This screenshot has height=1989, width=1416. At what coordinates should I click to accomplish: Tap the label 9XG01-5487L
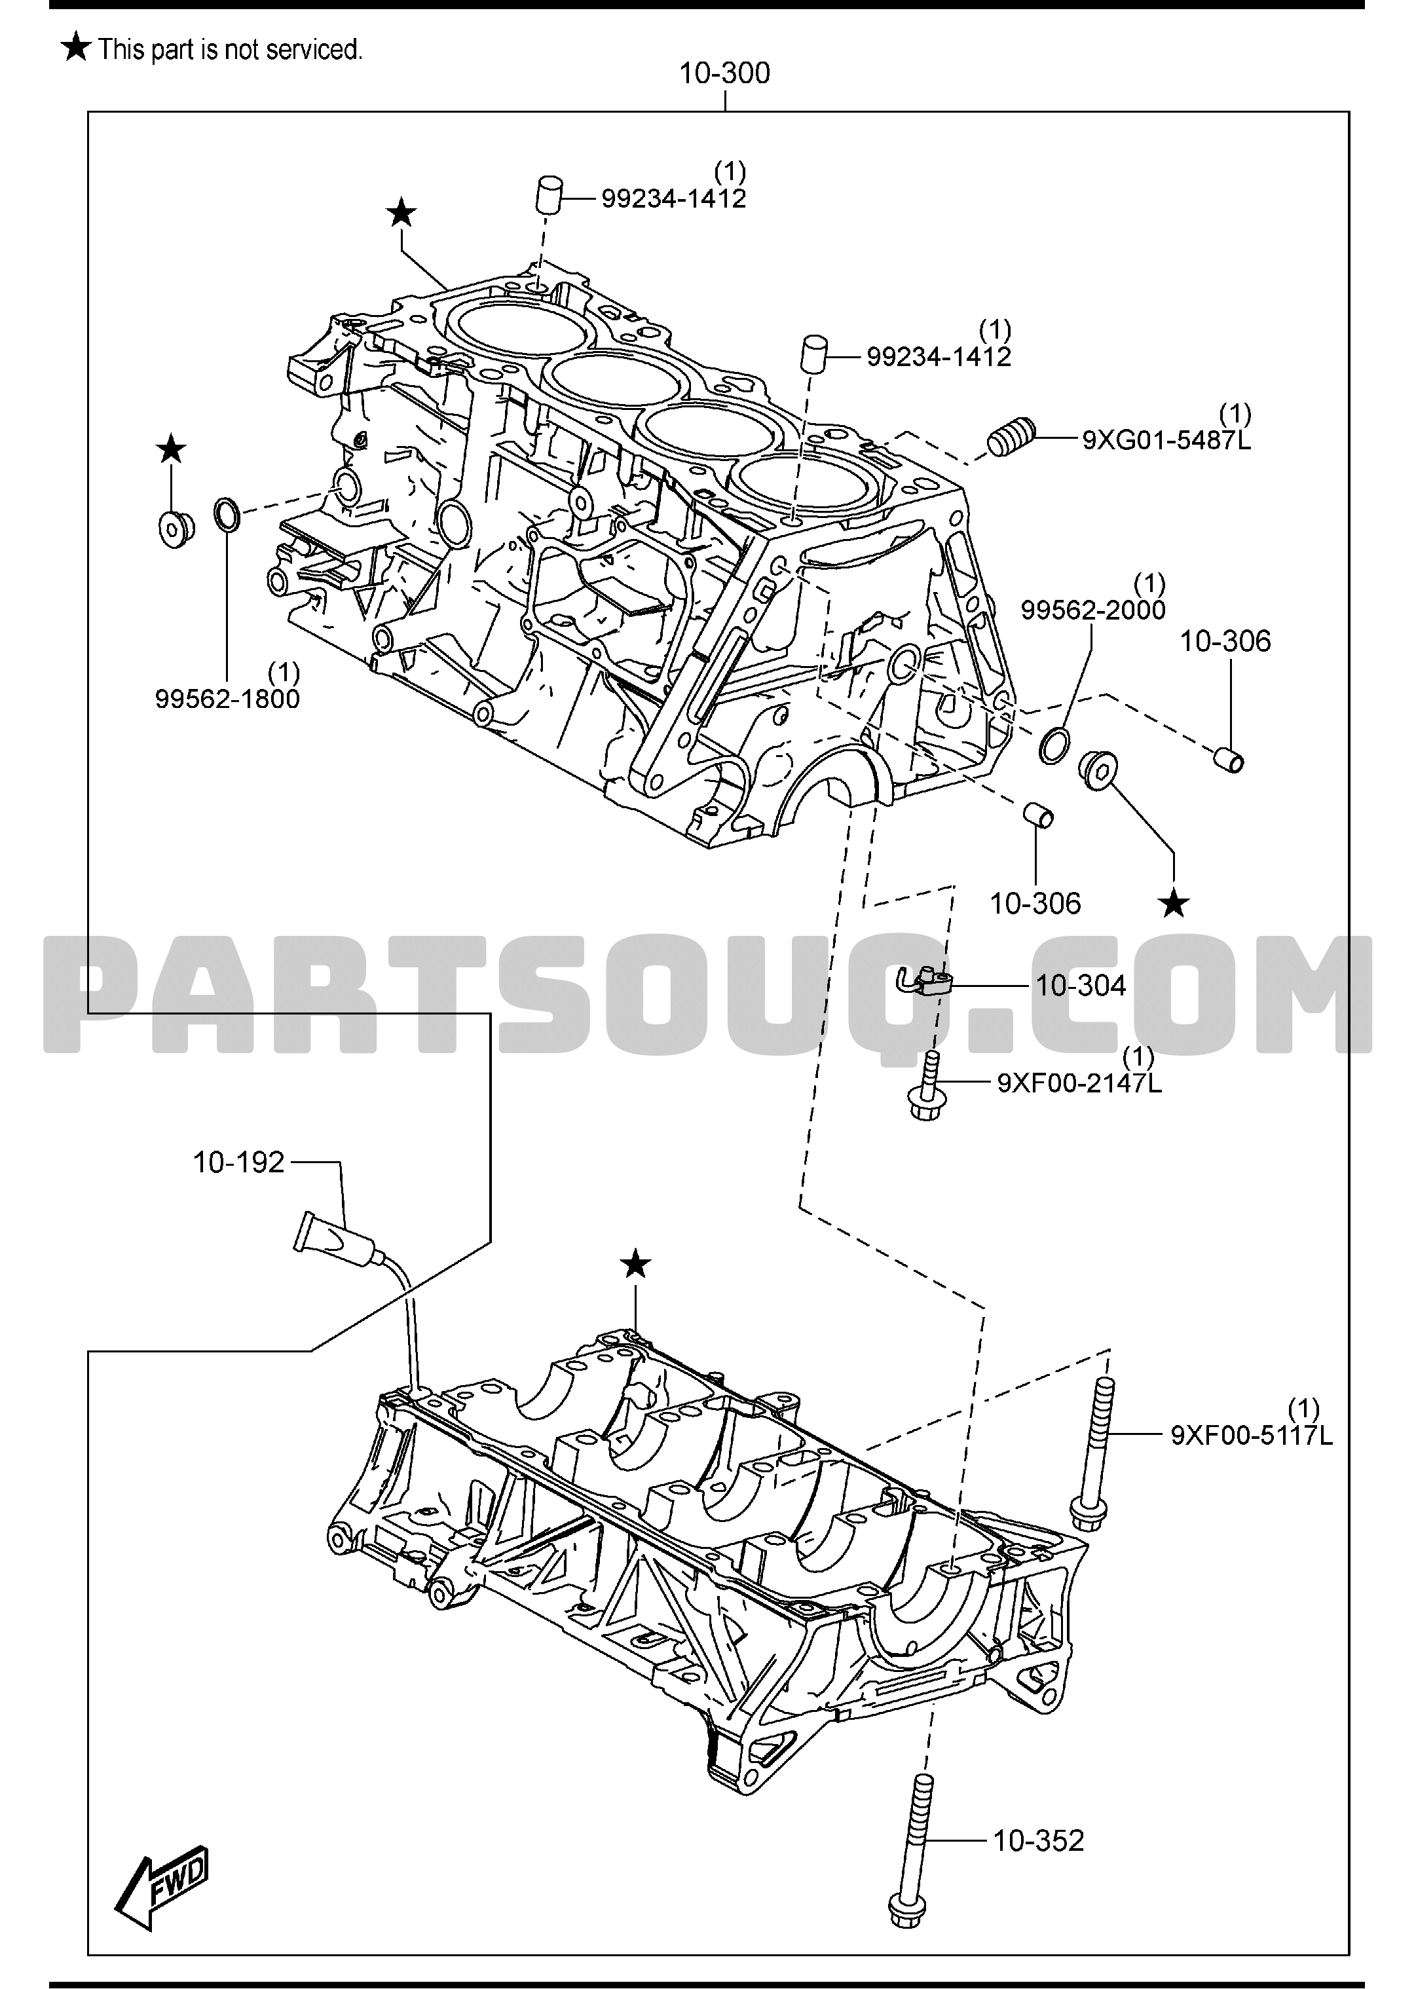(x=1166, y=439)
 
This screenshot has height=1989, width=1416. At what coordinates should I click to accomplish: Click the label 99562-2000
(x=1093, y=610)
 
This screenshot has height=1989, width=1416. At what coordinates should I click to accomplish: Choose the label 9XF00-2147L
(x=1079, y=1083)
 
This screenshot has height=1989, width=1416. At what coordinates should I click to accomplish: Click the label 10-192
(x=239, y=1162)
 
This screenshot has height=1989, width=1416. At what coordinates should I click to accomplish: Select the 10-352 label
(x=1039, y=1841)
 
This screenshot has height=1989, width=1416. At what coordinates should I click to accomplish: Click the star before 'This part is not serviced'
(x=77, y=47)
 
